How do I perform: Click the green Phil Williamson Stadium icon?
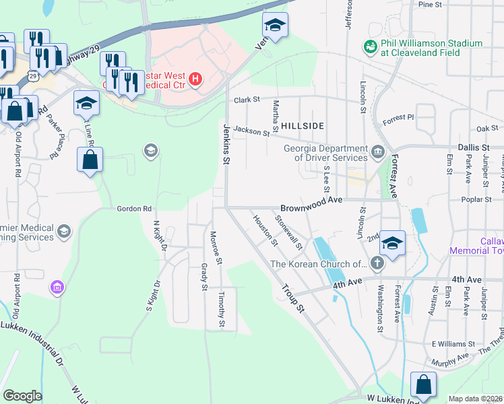[x=369, y=46]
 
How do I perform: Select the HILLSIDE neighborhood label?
[x=303, y=126]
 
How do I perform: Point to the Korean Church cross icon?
[x=377, y=264]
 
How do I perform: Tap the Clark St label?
[x=247, y=100]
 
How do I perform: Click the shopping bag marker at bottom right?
[x=424, y=386]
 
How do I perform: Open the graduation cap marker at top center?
[x=274, y=26]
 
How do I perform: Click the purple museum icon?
[x=57, y=288]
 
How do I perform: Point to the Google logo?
[x=22, y=395]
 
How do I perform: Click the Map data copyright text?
[x=475, y=399]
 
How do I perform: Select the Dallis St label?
[x=476, y=147]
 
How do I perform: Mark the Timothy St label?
[x=221, y=311]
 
